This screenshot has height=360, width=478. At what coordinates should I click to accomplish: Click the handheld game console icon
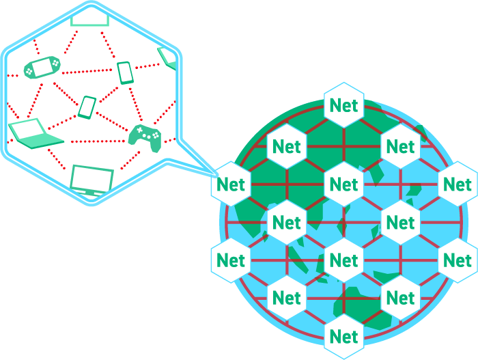tap(42, 66)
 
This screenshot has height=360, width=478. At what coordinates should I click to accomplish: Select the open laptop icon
tap(34, 134)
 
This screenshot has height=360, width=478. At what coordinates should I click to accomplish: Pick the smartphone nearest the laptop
tap(87, 107)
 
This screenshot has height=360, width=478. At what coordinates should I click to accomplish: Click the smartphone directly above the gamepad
tap(125, 72)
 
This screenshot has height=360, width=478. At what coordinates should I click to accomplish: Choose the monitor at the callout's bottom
tap(92, 180)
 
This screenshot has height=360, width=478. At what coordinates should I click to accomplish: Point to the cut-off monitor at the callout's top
tap(89, 18)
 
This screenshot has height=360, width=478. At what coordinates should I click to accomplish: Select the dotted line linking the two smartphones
tap(106, 89)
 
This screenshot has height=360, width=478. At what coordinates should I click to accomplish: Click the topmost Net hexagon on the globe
tap(343, 105)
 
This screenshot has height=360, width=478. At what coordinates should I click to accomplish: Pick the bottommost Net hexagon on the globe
tap(343, 336)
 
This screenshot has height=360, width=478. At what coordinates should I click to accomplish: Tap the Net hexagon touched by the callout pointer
tap(231, 184)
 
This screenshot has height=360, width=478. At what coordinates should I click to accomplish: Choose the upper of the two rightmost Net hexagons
tap(457, 184)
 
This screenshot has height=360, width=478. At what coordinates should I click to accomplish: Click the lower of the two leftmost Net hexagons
tap(231, 260)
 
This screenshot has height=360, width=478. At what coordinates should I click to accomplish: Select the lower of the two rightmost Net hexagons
tap(457, 260)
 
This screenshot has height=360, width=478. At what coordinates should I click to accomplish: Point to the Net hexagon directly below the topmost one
tap(343, 184)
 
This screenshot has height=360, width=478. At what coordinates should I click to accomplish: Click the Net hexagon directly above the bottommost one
tap(343, 260)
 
